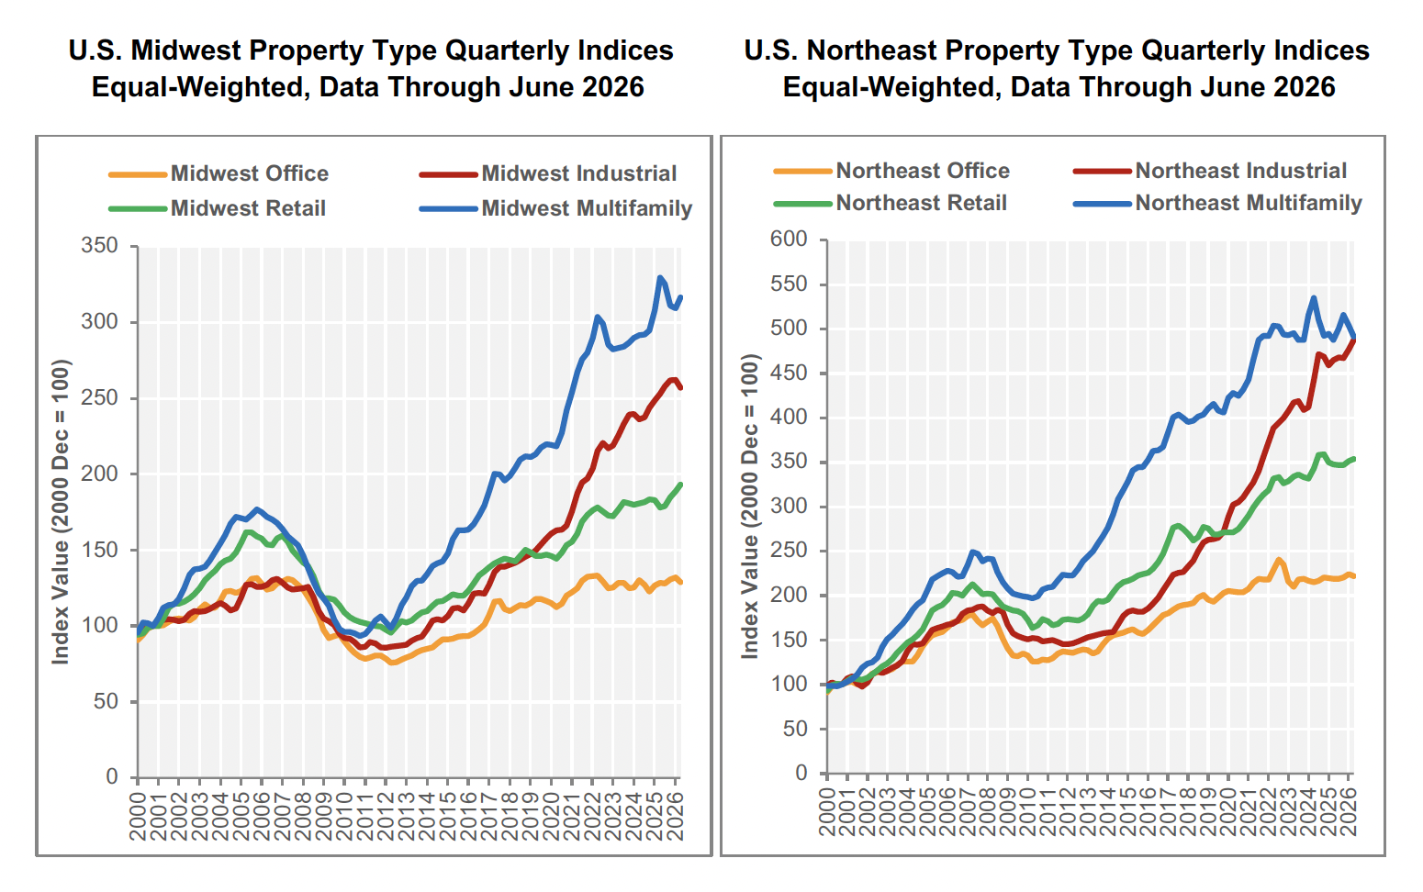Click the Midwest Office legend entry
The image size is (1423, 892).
tap(218, 173)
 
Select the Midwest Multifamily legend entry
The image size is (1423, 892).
tap(555, 208)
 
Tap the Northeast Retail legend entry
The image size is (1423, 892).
tap(890, 203)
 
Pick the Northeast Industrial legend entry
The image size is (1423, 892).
tap(1210, 171)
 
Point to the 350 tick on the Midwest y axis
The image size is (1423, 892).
tap(100, 245)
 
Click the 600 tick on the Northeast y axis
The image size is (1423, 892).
tap(789, 240)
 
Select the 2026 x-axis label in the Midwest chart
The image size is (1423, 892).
tap(676, 817)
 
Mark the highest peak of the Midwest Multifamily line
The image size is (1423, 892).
tap(660, 277)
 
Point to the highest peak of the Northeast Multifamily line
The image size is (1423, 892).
tap(1314, 297)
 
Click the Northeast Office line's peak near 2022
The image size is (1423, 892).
tap(1279, 560)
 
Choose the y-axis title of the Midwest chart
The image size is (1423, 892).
tap(61, 512)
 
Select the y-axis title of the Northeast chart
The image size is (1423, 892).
tap(750, 507)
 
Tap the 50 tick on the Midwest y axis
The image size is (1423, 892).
tap(106, 701)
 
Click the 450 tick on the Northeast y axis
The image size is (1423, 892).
tap(789, 373)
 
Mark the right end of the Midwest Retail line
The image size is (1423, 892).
tap(681, 485)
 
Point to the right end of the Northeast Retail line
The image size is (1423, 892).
tap(1354, 459)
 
